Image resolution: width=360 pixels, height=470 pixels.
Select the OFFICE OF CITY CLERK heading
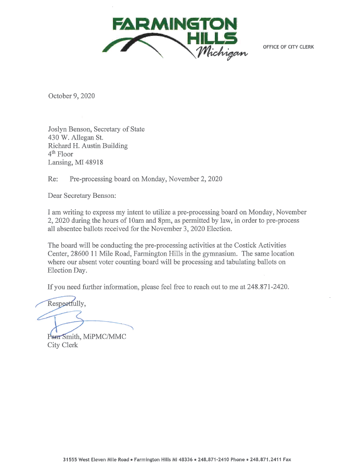(288, 47)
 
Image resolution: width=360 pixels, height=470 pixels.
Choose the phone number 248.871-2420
(265, 287)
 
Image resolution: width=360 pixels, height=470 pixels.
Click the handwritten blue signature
(78, 318)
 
